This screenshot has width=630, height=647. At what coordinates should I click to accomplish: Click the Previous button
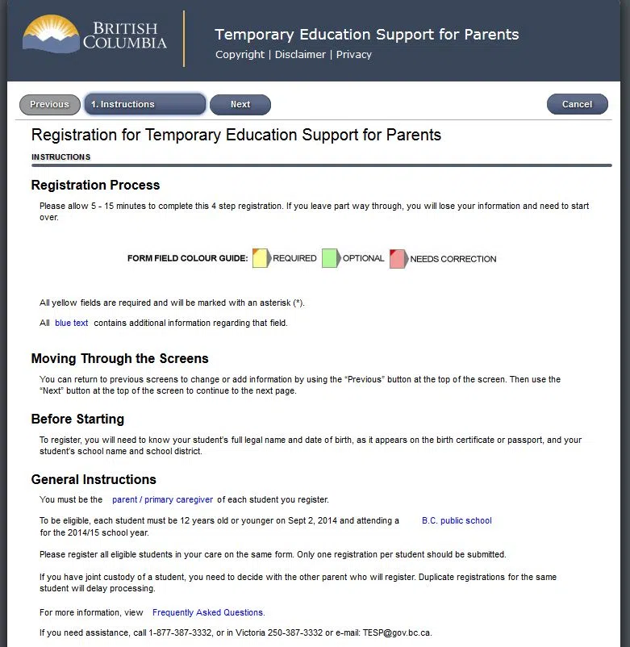[49, 104]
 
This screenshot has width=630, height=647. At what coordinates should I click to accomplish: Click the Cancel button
[577, 104]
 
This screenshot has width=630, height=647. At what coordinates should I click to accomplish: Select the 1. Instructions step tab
[144, 104]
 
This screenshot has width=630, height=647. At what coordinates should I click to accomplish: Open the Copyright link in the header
[240, 55]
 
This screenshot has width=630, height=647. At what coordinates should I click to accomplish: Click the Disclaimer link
[300, 55]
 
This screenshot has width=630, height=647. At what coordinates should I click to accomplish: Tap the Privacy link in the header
[354, 55]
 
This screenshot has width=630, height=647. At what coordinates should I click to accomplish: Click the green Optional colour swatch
[330, 258]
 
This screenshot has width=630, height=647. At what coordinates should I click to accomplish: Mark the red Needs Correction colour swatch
[398, 258]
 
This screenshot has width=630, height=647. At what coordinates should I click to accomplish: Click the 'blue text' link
[72, 323]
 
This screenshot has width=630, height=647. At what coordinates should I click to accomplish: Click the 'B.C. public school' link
[457, 521]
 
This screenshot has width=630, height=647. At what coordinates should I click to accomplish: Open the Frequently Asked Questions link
[208, 612]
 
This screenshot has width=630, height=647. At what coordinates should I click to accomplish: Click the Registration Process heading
[95, 186]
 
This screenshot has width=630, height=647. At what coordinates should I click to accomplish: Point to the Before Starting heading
[77, 420]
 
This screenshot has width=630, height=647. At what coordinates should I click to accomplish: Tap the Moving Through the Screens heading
[119, 359]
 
